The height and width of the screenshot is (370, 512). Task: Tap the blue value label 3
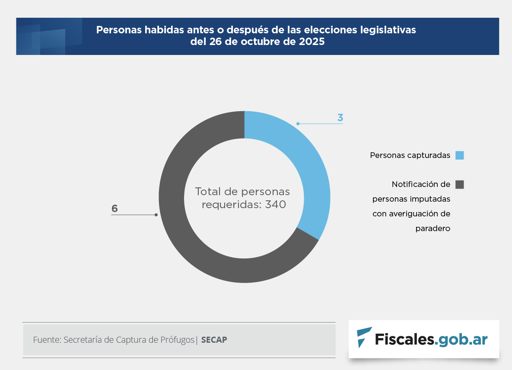tap(340, 118)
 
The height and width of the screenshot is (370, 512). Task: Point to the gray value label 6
tap(114, 209)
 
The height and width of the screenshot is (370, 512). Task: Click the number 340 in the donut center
tap(276, 205)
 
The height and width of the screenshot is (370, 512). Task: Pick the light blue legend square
tap(459, 155)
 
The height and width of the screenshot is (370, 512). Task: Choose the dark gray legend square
tap(459, 184)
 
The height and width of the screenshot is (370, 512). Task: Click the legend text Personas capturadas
tap(410, 155)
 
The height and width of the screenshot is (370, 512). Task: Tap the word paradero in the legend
tap(432, 228)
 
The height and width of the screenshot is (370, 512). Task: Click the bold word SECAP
tap(214, 340)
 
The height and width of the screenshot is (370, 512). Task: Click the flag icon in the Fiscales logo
tap(364, 337)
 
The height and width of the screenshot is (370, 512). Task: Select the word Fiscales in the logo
tap(404, 339)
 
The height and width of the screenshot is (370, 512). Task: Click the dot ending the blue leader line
tap(298, 124)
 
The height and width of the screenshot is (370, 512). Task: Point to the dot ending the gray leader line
tap(156, 215)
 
